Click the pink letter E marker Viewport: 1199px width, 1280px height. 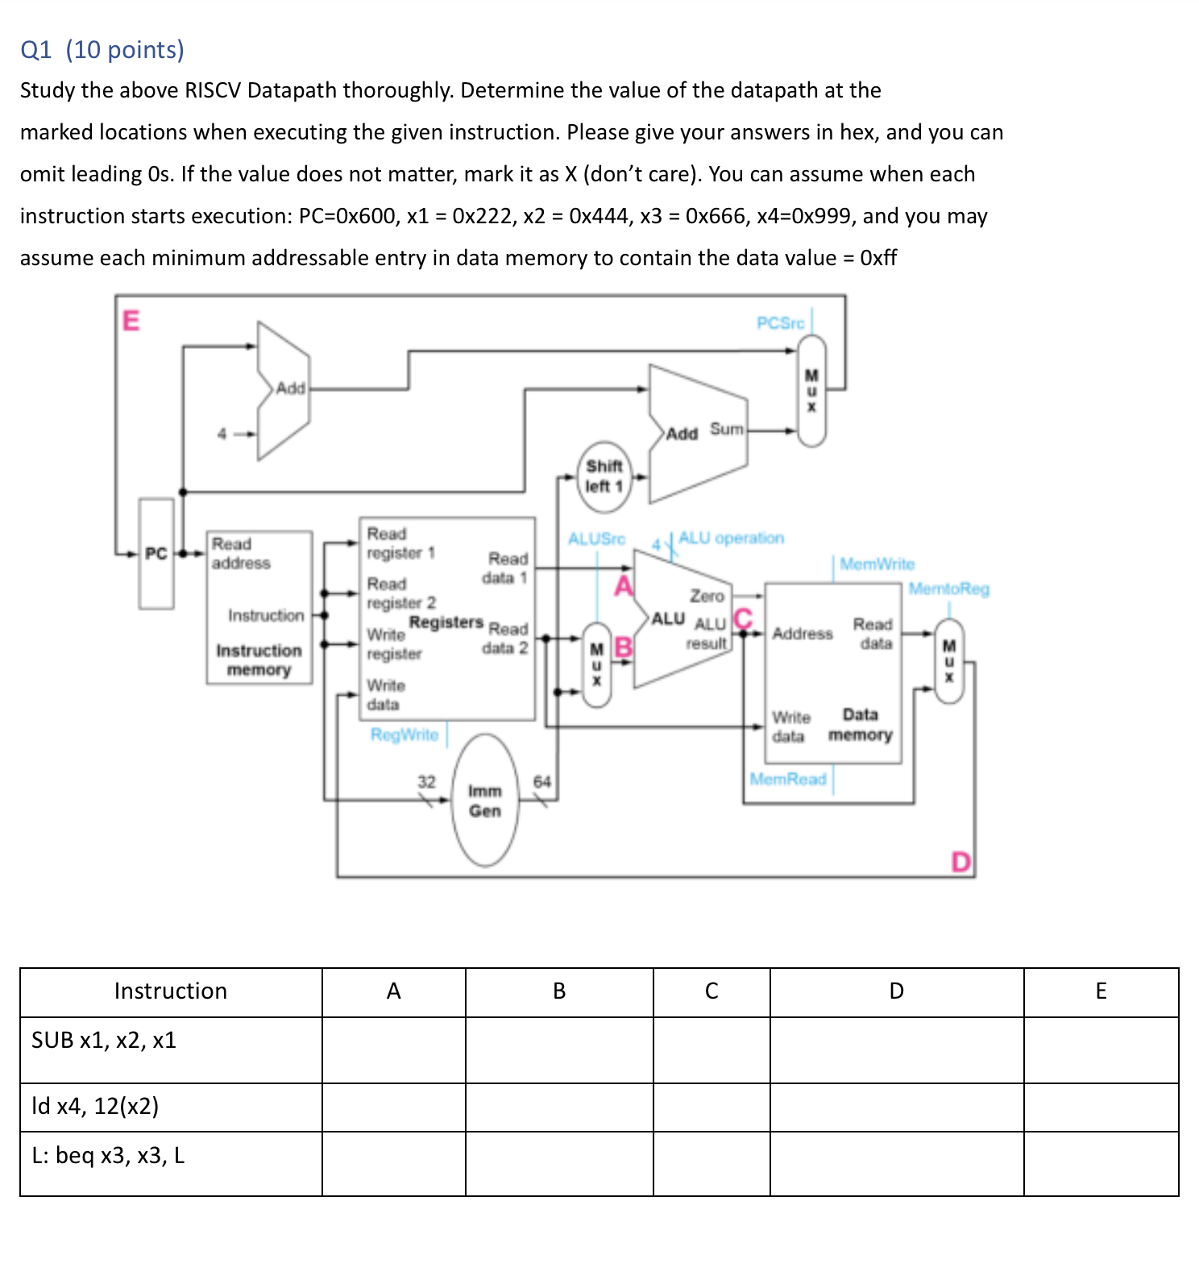click(131, 321)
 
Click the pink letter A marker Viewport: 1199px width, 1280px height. click(623, 585)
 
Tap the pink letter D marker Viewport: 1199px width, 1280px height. click(960, 862)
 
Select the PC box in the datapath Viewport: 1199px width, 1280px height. click(156, 554)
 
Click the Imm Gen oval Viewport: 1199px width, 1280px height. click(485, 800)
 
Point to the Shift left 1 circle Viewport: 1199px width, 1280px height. click(604, 476)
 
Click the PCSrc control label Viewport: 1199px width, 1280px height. click(780, 323)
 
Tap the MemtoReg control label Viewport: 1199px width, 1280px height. click(948, 588)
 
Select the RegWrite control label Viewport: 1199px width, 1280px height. click(405, 734)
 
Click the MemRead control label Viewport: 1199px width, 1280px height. click(787, 779)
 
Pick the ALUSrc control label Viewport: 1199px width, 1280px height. click(596, 538)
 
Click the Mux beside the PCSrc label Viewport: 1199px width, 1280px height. click(811, 391)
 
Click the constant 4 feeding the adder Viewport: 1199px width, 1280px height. click(222, 434)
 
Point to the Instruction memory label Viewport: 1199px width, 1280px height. click(259, 660)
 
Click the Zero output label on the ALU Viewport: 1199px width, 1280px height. click(707, 596)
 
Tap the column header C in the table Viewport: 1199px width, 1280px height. click(711, 991)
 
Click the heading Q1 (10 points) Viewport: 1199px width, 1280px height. click(102, 50)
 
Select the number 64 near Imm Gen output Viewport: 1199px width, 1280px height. click(541, 782)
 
